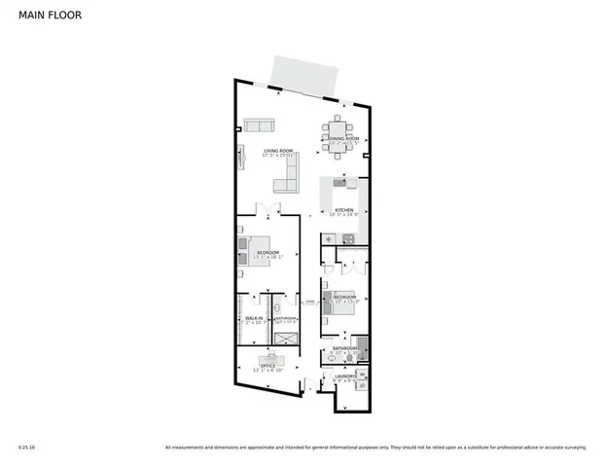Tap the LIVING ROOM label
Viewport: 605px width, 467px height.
pyautogui.click(x=278, y=150)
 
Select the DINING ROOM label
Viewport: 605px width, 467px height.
pyautogui.click(x=342, y=139)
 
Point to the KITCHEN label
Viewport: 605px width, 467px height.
pyautogui.click(x=344, y=209)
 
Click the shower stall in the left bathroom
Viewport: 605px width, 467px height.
pyautogui.click(x=285, y=338)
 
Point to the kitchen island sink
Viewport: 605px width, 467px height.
pyautogui.click(x=340, y=182)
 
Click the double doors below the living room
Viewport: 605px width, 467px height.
pyautogui.click(x=263, y=208)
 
